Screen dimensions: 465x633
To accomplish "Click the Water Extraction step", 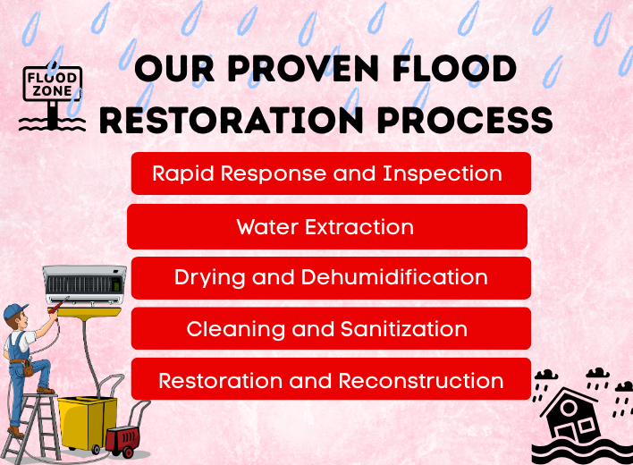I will [x=326, y=226].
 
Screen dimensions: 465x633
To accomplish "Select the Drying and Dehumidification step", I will [x=331, y=277].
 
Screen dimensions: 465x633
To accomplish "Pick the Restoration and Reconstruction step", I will [x=331, y=380].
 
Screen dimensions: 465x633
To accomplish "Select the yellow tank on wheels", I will [x=88, y=420].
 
